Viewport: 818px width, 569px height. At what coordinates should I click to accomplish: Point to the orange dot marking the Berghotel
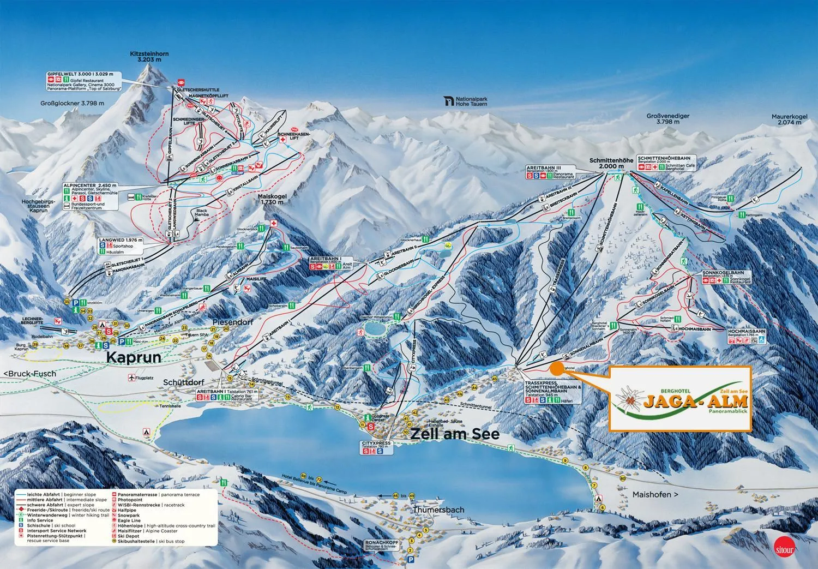(557, 368)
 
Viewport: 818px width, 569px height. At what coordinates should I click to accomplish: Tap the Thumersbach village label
(431, 510)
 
